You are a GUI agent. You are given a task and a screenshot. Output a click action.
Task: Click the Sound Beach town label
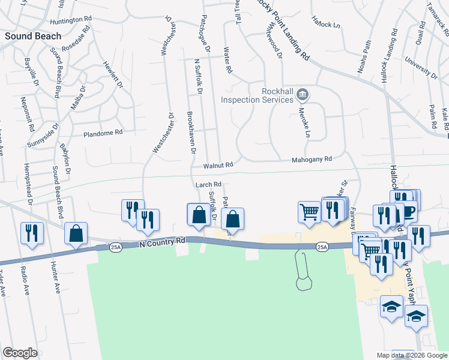[33, 36]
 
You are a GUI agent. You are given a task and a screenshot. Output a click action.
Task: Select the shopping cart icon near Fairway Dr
[309, 211]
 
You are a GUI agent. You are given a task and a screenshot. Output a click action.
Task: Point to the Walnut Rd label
[217, 164]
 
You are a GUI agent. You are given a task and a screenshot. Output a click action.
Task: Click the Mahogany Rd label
[312, 160]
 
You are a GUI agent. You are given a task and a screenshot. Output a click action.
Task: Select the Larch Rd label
[209, 185]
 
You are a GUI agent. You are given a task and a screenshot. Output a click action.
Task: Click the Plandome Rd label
[103, 133]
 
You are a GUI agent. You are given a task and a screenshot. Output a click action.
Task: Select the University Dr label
[421, 67]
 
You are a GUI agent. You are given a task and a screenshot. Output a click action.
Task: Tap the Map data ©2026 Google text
[411, 355]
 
